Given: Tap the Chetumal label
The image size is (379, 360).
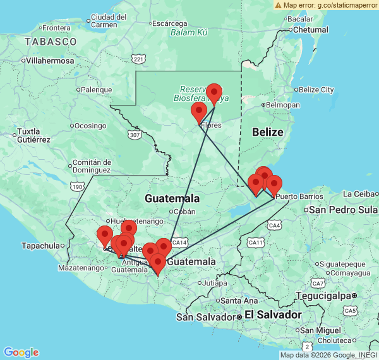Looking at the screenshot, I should click(x=310, y=29).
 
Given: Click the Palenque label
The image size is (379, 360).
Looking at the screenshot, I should click(x=96, y=90).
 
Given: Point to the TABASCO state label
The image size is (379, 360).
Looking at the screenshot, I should click(x=51, y=41).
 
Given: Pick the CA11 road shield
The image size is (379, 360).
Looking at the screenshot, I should click(x=255, y=242).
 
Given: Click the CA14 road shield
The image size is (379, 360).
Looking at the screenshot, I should click(x=180, y=242).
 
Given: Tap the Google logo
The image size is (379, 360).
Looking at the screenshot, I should click(x=21, y=352).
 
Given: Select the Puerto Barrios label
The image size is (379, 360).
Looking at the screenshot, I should click(x=294, y=197).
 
